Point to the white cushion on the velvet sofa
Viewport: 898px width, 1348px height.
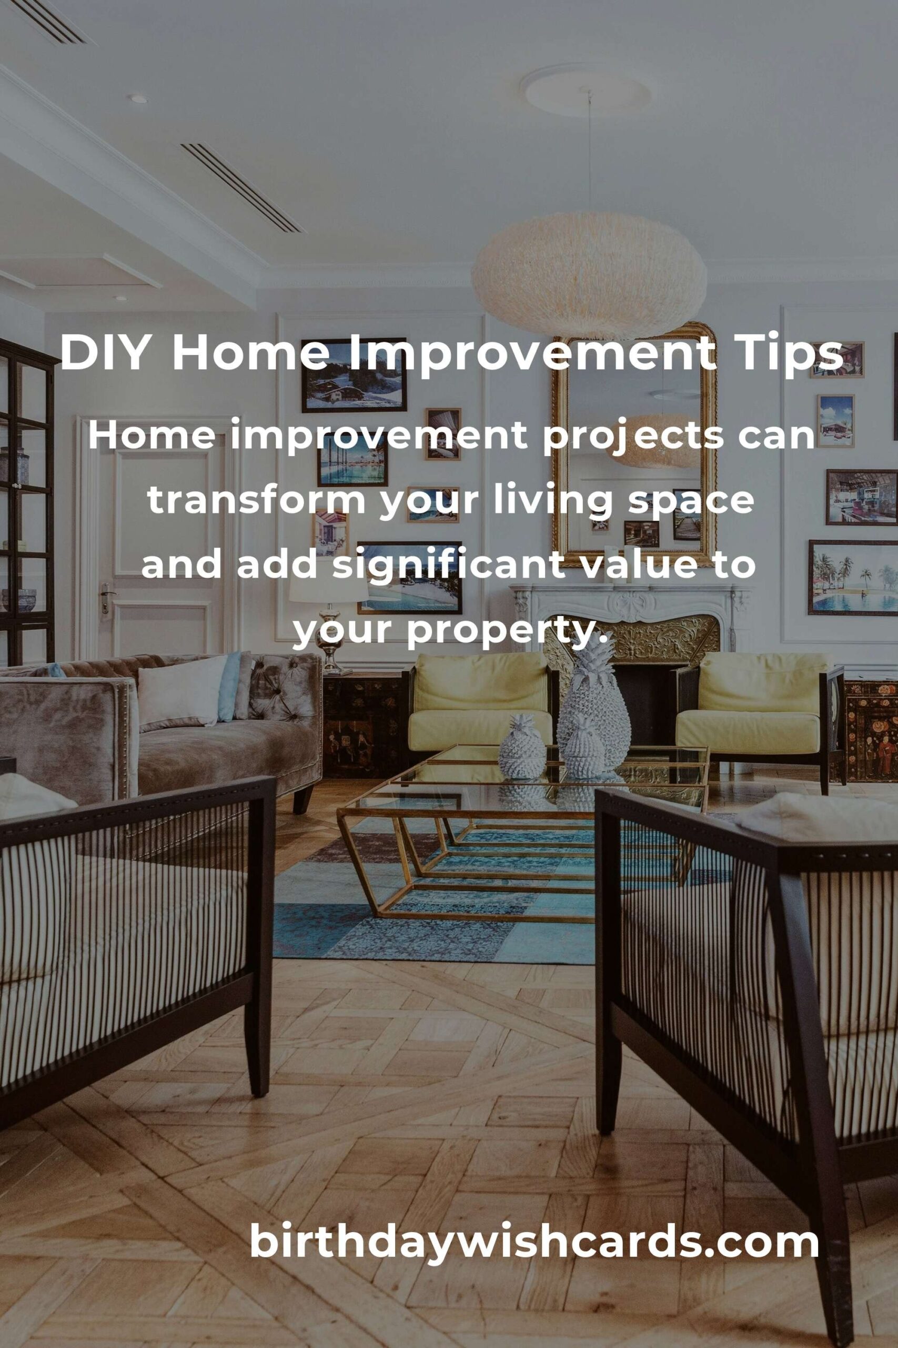click(181, 691)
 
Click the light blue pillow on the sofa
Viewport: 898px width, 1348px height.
click(229, 685)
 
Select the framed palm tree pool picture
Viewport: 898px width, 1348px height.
click(853, 577)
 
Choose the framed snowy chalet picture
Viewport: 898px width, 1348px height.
click(354, 375)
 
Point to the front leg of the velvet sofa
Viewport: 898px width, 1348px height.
click(303, 799)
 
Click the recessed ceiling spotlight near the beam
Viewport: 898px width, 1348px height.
click(137, 99)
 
